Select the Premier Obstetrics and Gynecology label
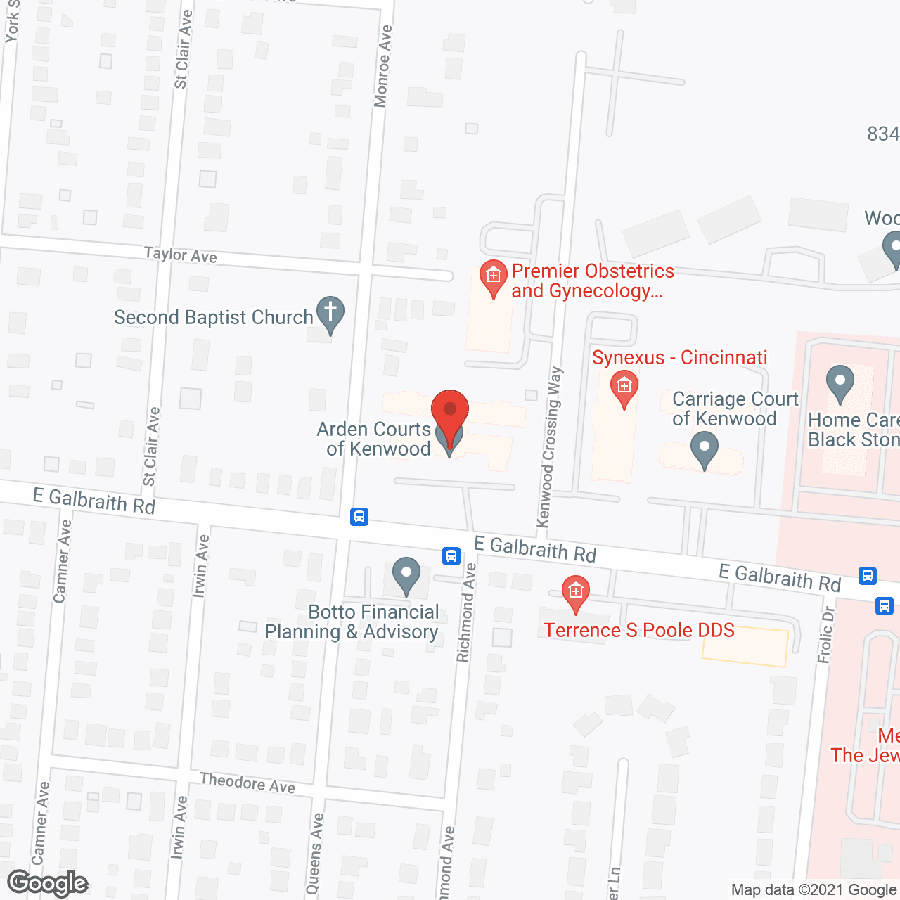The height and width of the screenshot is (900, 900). point(592,281)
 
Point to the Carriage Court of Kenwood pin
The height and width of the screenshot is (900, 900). point(704,448)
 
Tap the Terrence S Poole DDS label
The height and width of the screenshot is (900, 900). point(638,630)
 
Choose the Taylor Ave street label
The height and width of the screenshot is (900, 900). point(181,255)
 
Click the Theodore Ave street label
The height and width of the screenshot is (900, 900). point(247,783)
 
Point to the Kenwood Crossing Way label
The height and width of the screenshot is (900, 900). point(550,447)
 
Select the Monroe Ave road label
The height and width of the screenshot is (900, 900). point(382,66)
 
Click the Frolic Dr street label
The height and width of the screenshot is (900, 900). point(826,634)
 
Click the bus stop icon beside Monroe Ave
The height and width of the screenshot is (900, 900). point(359,517)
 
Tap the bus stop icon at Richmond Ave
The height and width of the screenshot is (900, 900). point(451,556)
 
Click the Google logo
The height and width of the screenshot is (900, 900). point(48,883)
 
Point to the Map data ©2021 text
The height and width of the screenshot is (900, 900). point(814,890)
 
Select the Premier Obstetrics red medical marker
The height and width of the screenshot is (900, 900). point(494,276)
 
